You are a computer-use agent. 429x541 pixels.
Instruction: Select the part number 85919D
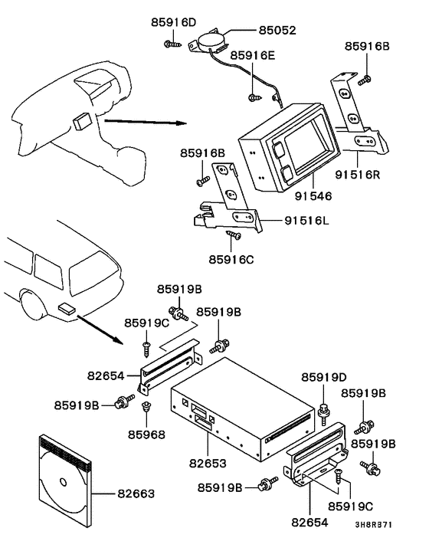pyautogui.click(x=323, y=377)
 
